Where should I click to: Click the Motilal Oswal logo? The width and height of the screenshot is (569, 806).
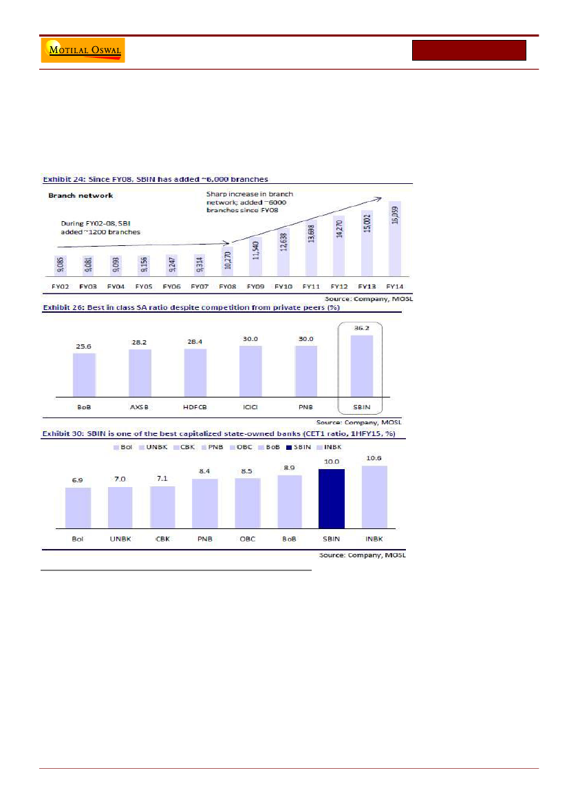83,51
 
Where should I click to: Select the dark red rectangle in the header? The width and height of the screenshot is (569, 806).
469,50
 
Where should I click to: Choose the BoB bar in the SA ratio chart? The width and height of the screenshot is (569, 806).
85,375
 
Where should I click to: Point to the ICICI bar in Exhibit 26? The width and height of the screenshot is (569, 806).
251,372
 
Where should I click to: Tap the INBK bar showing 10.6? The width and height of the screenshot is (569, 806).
374,497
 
